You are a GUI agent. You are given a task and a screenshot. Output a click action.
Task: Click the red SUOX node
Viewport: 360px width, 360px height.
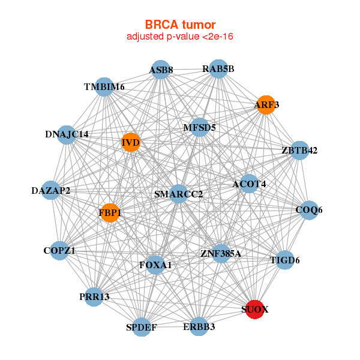pos(255,309)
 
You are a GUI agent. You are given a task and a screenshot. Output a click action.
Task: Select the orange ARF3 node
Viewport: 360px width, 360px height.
pos(266,104)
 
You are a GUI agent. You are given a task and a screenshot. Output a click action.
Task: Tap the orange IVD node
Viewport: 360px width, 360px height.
pos(131,142)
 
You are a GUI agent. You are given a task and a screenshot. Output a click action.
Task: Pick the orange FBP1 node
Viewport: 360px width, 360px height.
pos(110,213)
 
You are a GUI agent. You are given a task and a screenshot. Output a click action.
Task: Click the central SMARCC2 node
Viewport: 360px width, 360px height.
pos(178,194)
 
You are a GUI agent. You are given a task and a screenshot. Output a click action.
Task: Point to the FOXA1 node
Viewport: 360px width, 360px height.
pos(155,265)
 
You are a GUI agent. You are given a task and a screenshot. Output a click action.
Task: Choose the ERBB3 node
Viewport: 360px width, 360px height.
pos(199,326)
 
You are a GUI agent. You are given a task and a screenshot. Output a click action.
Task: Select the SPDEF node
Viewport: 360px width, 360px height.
pos(142,327)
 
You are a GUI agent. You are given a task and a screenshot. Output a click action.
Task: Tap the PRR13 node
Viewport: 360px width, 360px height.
pos(94,296)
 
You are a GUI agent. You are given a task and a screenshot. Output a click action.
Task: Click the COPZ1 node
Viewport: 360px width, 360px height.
pos(59,250)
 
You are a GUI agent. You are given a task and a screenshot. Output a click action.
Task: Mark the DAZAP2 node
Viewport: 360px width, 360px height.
pos(51,190)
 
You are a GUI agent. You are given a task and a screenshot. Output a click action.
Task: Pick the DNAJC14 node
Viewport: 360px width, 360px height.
pos(67,135)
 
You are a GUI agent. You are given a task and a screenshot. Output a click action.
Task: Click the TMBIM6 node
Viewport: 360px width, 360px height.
pos(104,87)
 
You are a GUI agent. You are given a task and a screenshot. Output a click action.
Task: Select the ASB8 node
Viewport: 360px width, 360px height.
pos(161,70)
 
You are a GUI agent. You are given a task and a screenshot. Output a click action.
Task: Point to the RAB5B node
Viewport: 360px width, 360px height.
pos(218,69)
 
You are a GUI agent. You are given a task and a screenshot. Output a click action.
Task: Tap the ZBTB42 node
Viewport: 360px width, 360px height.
pos(299,151)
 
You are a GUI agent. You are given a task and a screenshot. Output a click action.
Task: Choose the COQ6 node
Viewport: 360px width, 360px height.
pos(309,210)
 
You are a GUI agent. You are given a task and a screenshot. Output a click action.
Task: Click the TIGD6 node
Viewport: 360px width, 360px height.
pos(285,260)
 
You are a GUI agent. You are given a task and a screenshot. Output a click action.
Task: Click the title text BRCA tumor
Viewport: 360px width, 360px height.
pos(181,25)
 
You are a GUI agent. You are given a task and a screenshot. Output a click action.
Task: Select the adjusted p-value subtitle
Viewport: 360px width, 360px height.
pos(180,37)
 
